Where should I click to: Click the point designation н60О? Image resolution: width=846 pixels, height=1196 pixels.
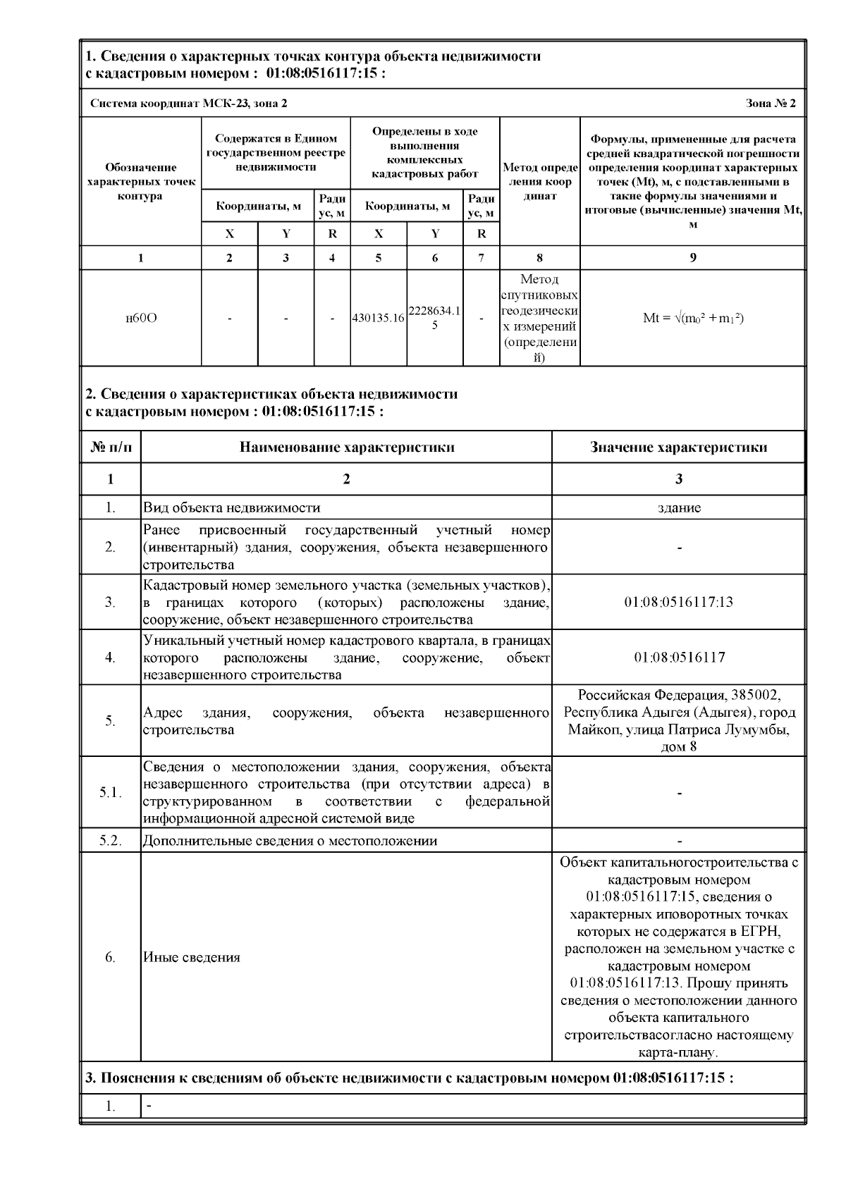pyautogui.click(x=141, y=318)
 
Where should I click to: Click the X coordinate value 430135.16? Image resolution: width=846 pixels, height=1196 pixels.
pyautogui.click(x=379, y=318)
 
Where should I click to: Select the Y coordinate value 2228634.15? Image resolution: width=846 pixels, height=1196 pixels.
pyautogui.click(x=435, y=318)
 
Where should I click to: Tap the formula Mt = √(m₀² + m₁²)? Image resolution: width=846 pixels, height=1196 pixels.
pyautogui.click(x=693, y=318)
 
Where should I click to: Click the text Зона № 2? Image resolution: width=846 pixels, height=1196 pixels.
pyautogui.click(x=771, y=104)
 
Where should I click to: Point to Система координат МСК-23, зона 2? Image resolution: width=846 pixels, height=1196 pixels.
pyautogui.click(x=189, y=104)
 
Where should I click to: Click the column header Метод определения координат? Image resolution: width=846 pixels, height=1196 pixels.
pyautogui.click(x=539, y=181)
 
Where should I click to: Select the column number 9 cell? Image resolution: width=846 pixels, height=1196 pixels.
pyautogui.click(x=693, y=258)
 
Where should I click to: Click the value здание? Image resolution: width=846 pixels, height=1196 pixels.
pyautogui.click(x=679, y=507)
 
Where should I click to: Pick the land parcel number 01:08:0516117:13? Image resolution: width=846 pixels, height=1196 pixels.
pyautogui.click(x=679, y=602)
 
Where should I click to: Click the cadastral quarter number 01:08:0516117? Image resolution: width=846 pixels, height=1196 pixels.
pyautogui.click(x=679, y=657)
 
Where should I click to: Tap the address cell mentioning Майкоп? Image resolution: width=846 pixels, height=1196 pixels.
pyautogui.click(x=679, y=720)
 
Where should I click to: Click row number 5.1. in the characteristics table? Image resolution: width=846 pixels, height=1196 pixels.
pyautogui.click(x=111, y=792)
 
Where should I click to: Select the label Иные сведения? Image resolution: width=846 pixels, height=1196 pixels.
pyautogui.click(x=192, y=957)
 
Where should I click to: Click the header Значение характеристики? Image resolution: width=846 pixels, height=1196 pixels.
pyautogui.click(x=679, y=447)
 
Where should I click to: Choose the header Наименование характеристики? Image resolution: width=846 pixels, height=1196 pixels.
pyautogui.click(x=346, y=447)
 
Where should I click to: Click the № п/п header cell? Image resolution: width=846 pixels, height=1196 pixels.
pyautogui.click(x=111, y=447)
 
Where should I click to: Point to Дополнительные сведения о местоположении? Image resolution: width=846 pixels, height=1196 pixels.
pyautogui.click(x=290, y=841)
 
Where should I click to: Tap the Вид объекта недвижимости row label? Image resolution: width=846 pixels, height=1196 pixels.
pyautogui.click(x=232, y=507)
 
